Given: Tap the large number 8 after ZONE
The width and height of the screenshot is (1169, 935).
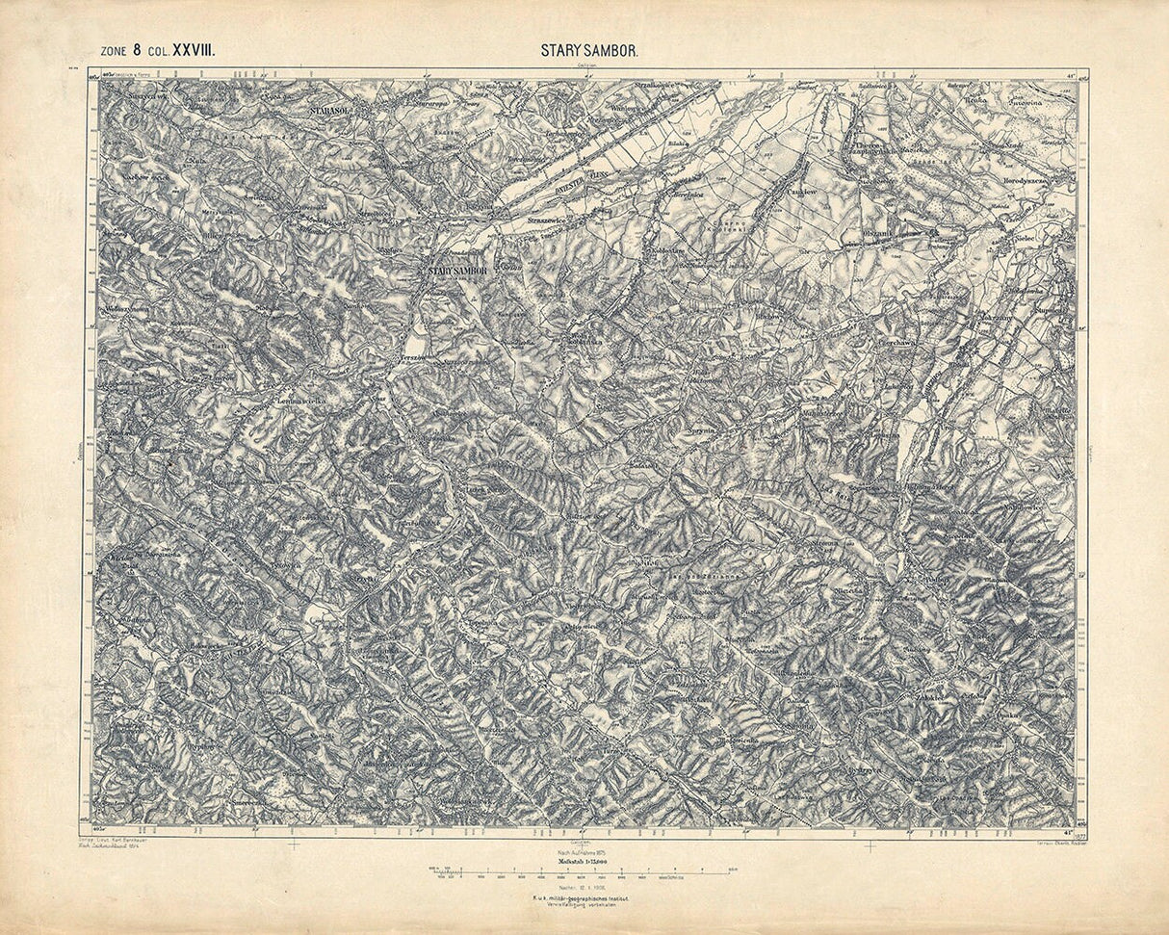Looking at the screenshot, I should coord(139,51).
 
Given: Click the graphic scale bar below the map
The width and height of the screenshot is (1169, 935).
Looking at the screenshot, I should coord(584,872).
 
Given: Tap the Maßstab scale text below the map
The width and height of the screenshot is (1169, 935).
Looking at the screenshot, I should coord(584,859).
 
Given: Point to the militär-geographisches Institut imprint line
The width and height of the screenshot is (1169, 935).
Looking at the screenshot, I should coord(584,899).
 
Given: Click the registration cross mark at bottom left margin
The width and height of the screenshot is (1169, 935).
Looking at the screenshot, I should coord(294,845).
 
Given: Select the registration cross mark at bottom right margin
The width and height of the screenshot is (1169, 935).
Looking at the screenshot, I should coord(870,845).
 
